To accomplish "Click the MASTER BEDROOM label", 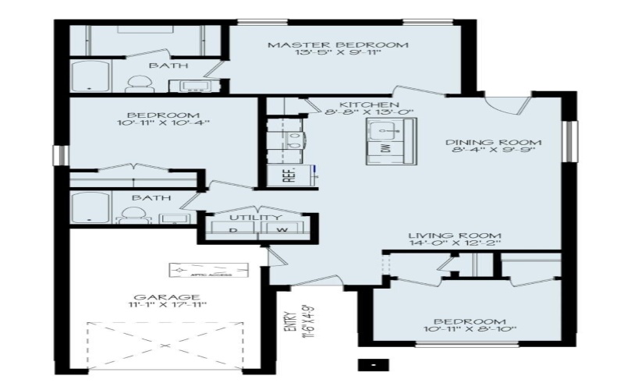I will (x=338, y=44).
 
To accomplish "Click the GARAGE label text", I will (x=156, y=297).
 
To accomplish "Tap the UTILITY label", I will (x=254, y=217).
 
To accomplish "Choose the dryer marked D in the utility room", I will (x=232, y=230).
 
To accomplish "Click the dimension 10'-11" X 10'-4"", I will (x=163, y=122).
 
